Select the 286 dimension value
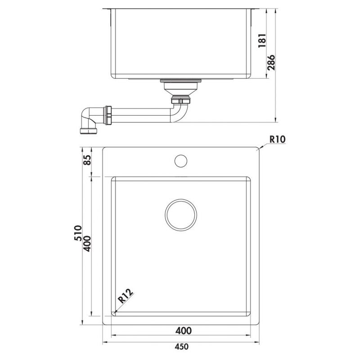coord(270,64)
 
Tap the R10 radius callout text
coord(278,140)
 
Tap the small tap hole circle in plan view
coord(181,160)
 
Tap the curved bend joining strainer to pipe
coord(180,110)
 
